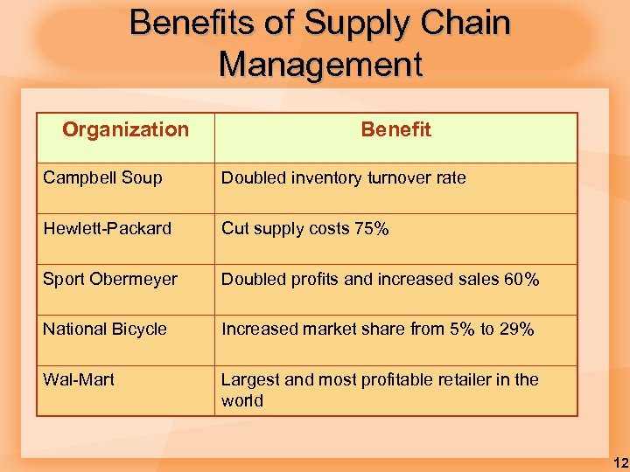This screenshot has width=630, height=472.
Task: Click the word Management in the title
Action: coord(320,64)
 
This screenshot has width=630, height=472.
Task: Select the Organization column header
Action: coord(125,129)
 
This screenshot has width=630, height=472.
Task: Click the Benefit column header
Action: coord(395,129)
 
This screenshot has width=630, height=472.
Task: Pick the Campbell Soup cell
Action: coord(102,177)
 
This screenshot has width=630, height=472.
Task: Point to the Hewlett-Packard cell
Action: coord(107,228)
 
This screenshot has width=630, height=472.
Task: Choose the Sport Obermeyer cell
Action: coord(110,279)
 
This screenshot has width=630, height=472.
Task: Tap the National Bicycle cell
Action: coord(104,329)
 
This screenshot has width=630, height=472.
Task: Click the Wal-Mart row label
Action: coord(79,379)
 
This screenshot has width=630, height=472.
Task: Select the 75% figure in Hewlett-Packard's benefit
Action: coord(372,228)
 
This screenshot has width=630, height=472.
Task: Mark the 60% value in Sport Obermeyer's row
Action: coord(521,279)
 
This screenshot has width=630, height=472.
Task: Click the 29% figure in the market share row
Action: coord(516,329)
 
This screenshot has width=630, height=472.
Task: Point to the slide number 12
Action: coord(619,462)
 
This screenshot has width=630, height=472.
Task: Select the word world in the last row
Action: coord(241,400)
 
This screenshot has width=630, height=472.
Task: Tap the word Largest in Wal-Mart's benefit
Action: coord(249,379)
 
